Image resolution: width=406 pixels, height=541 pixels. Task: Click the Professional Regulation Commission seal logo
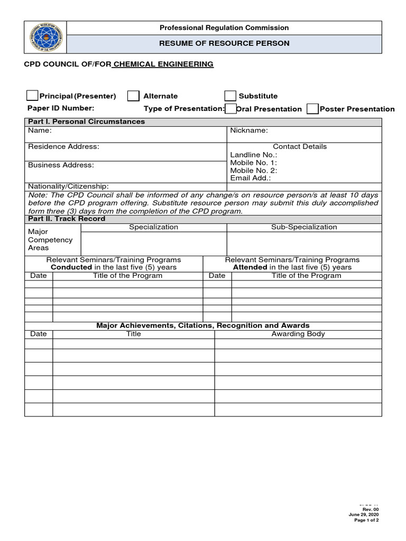click(x=45, y=37)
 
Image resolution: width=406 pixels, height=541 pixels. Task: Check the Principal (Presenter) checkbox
click(x=32, y=96)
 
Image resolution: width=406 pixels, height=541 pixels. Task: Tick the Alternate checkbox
click(x=134, y=96)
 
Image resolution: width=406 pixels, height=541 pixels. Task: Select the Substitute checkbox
click(x=230, y=96)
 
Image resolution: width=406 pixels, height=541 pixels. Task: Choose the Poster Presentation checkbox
click(x=312, y=109)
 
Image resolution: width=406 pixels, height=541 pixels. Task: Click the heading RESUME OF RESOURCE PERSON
click(x=224, y=43)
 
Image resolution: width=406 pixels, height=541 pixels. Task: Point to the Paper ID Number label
click(x=61, y=108)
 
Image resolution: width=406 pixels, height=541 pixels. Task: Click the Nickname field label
click(x=249, y=130)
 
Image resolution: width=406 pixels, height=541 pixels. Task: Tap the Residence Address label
click(x=63, y=146)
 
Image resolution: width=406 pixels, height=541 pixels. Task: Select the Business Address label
click(x=61, y=165)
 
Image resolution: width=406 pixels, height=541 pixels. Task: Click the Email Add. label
click(x=250, y=179)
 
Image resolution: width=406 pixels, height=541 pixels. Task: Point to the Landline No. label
click(x=253, y=155)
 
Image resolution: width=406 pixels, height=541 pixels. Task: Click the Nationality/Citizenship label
click(x=68, y=186)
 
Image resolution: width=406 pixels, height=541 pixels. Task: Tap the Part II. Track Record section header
click(x=67, y=219)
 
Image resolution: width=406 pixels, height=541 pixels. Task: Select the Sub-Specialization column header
click(x=303, y=227)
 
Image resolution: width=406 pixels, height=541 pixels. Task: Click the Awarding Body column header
click(x=298, y=334)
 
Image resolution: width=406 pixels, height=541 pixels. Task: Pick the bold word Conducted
click(x=71, y=267)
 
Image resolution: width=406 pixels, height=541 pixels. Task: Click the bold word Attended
click(x=250, y=267)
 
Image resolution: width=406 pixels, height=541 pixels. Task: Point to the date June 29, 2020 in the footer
click(x=364, y=515)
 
